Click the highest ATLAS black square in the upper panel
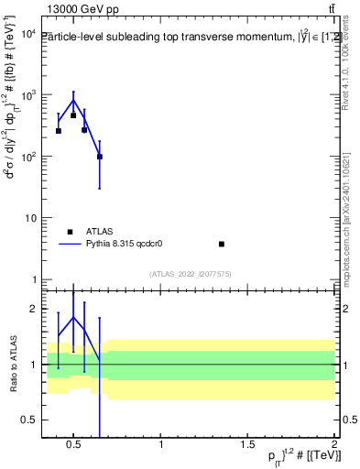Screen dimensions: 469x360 coord(73,115)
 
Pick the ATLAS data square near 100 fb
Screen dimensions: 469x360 coord(100,157)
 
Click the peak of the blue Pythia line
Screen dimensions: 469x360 coord(73,100)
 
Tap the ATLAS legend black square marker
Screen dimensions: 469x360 coord(70,232)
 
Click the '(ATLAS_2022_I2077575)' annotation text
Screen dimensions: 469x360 coord(191,274)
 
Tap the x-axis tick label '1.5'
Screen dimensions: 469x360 coord(247,444)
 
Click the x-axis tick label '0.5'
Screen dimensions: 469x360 coord(74,444)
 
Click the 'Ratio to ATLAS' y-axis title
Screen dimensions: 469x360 coord(11,364)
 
